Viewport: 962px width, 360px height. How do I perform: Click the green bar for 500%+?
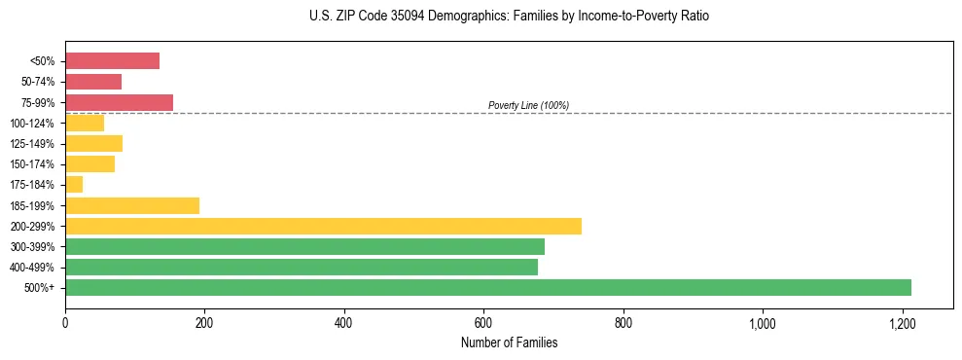[487, 287]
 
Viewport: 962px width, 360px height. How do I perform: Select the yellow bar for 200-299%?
[323, 226]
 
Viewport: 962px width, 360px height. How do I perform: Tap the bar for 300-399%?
[304, 246]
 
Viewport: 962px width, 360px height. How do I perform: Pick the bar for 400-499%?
[301, 267]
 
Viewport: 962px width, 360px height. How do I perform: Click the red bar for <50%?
[112, 61]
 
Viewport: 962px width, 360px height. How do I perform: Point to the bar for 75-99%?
[119, 102]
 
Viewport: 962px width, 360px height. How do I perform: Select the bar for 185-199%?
[132, 205]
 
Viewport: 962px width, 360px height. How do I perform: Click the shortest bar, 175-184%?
[74, 184]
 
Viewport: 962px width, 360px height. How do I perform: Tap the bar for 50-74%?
[93, 82]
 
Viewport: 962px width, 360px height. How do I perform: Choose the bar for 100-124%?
[85, 123]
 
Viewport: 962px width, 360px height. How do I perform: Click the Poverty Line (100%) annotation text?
[528, 105]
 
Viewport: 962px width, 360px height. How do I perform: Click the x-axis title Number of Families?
[509, 342]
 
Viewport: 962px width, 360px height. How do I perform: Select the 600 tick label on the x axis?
[483, 323]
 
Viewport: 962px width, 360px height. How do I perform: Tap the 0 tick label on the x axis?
[65, 323]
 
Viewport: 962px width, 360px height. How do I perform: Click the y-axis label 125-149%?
[33, 144]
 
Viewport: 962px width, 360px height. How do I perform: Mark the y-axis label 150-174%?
[33, 164]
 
